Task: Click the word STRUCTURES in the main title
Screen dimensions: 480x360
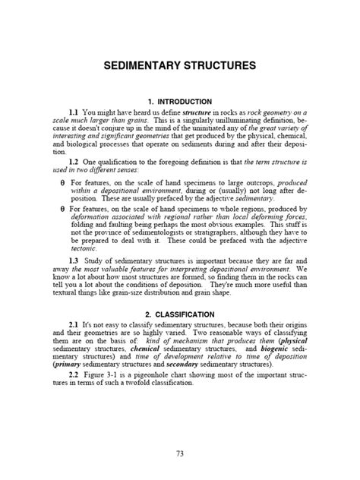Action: tap(215, 67)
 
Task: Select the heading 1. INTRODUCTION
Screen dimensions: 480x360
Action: tap(180, 101)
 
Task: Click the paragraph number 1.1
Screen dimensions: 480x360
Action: tap(74, 112)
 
